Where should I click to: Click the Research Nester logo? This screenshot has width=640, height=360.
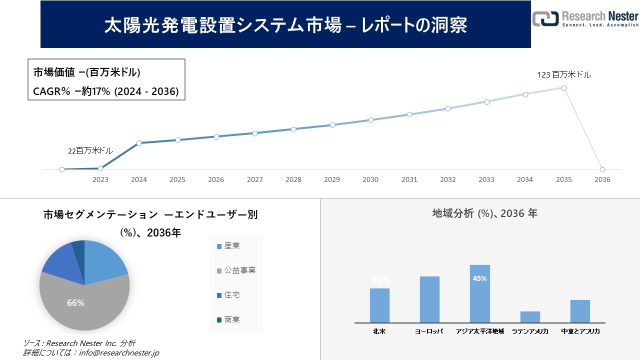(585, 18)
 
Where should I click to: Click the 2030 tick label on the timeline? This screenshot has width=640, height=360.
(370, 179)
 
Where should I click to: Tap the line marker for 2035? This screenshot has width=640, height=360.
(563, 88)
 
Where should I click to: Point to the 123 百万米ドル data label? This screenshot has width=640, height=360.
(564, 75)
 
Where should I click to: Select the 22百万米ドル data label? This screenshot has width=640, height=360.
(90, 150)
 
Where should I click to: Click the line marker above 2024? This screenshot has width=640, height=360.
(139, 143)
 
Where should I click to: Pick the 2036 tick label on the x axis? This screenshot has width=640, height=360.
(602, 179)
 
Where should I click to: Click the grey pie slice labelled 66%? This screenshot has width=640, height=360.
(80, 305)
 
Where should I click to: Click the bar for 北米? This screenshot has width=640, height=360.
(379, 305)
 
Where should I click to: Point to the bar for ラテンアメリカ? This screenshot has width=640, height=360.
(530, 317)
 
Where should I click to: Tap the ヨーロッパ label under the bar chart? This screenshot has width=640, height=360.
(429, 331)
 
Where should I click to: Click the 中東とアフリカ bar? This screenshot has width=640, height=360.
(580, 311)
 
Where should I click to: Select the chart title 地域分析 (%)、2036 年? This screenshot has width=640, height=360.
(484, 213)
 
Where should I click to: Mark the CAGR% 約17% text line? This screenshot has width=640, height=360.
(105, 91)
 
